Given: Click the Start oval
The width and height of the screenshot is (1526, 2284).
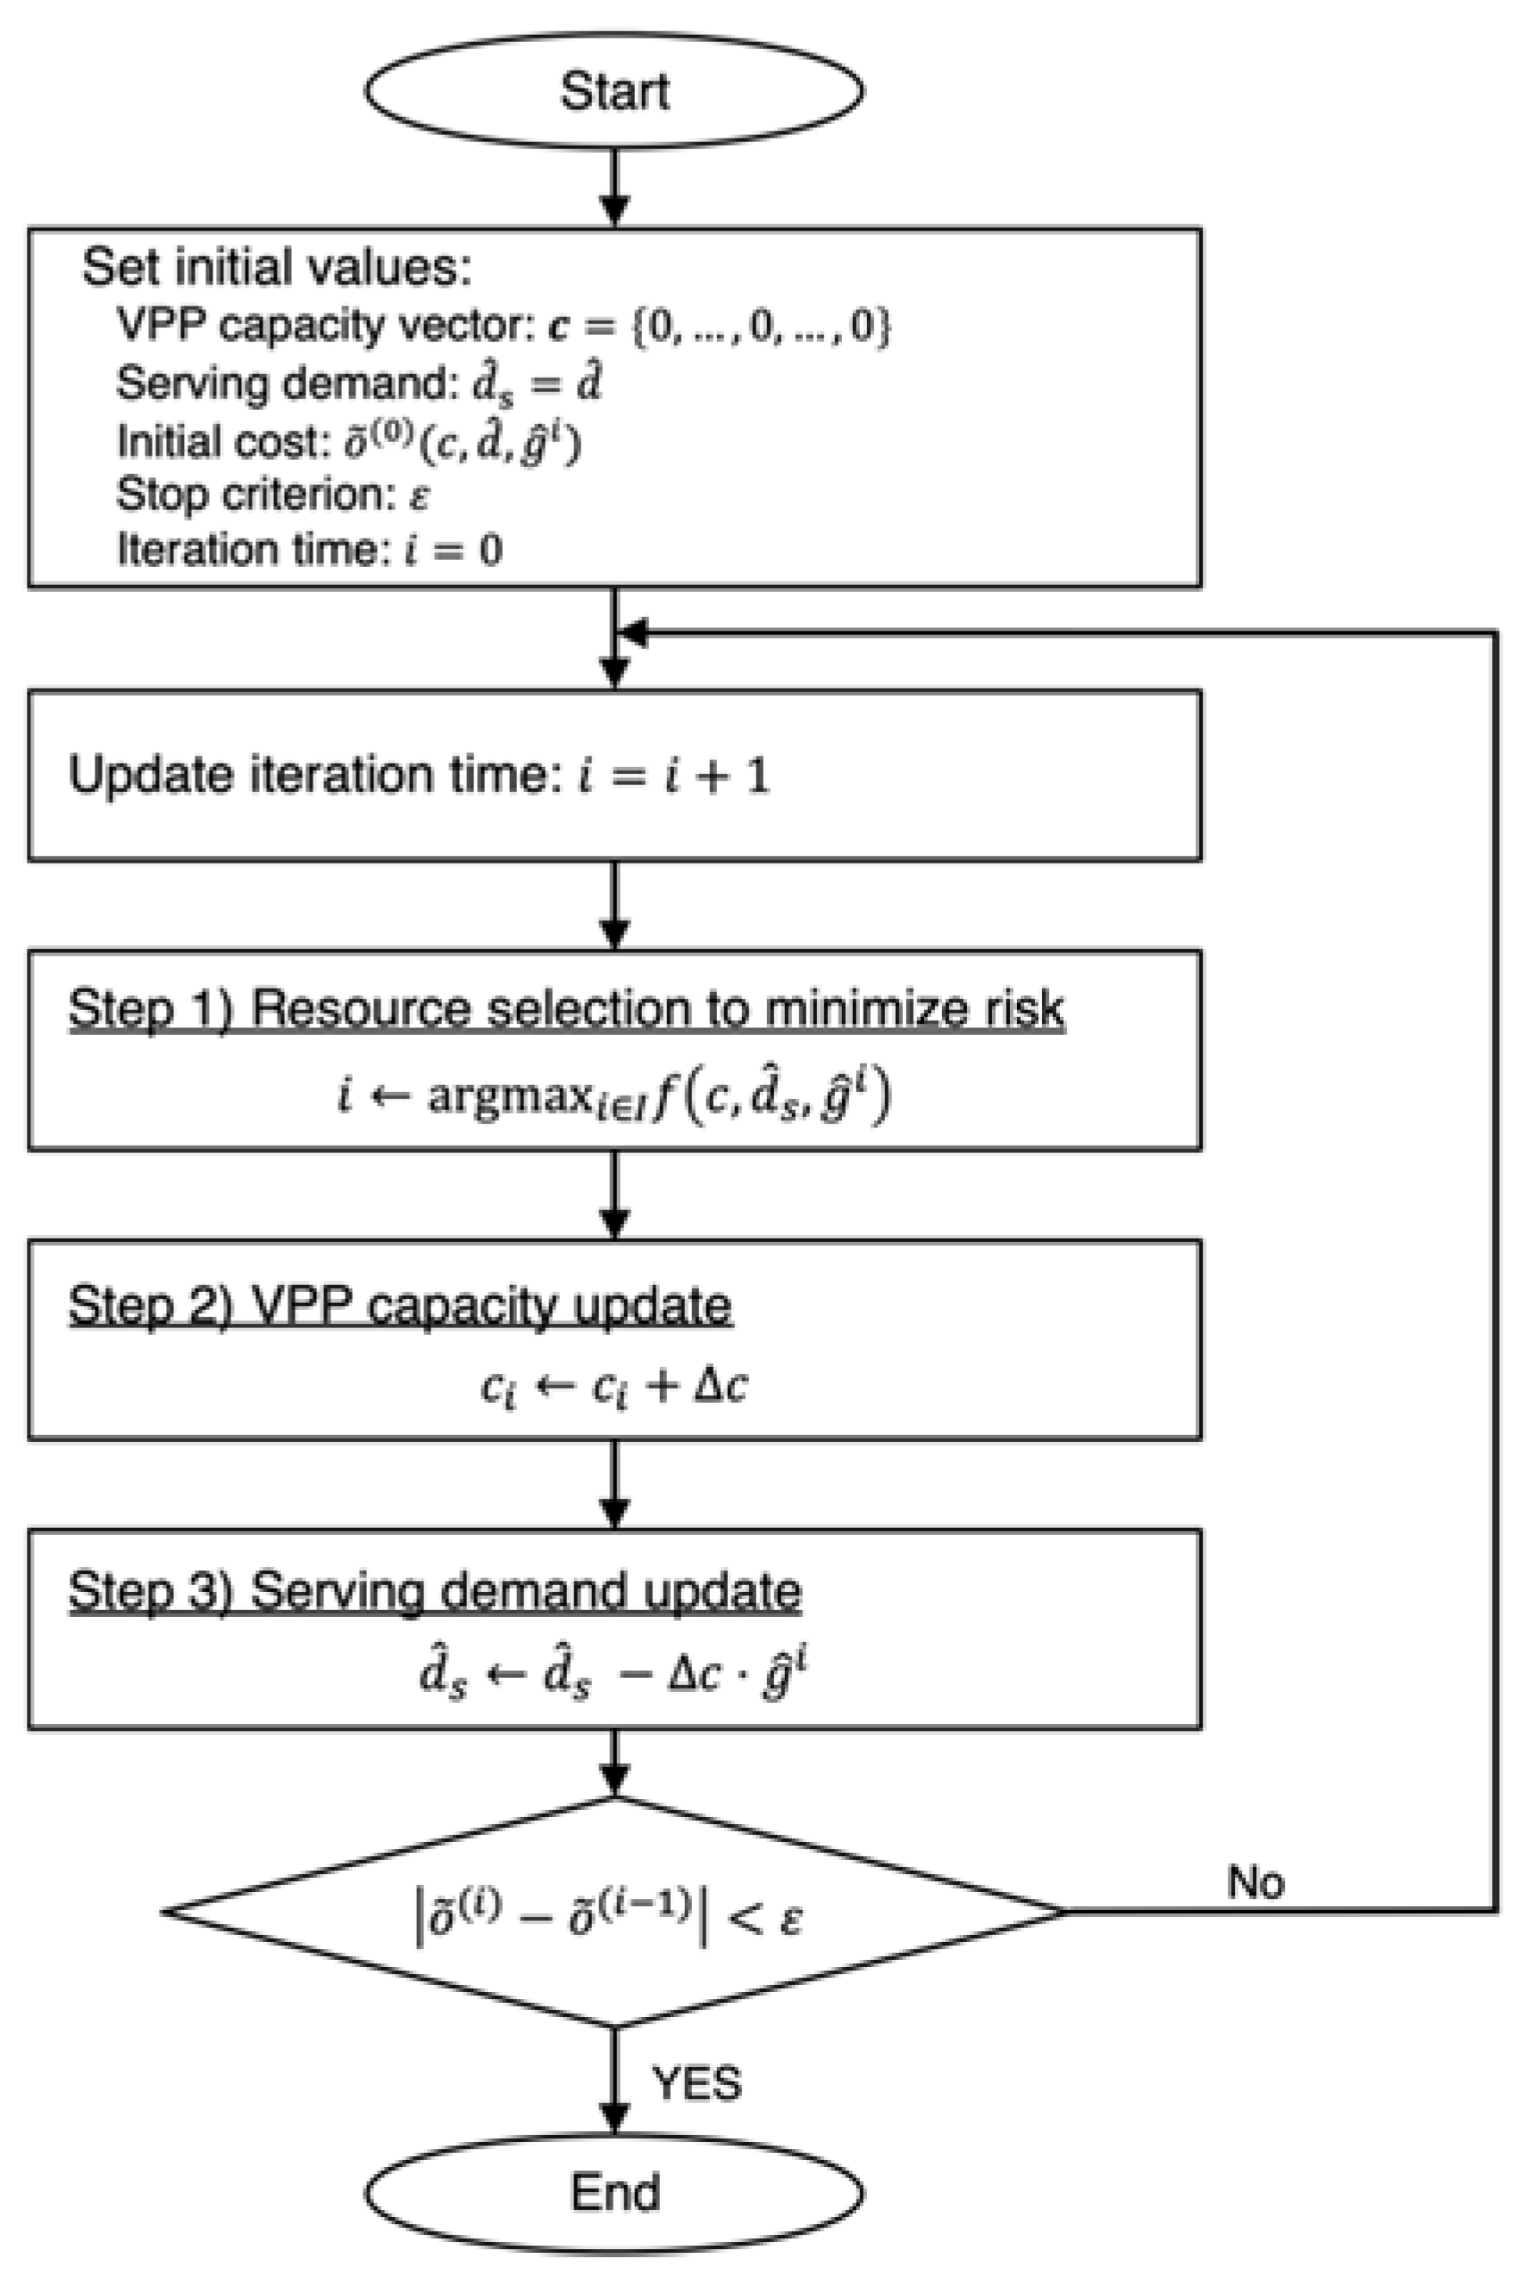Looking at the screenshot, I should point(613,90).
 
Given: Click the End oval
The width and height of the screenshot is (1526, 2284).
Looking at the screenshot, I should point(613,2191).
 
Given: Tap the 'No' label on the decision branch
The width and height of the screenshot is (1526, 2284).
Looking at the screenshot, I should point(1255,1882).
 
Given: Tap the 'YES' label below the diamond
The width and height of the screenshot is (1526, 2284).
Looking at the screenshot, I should point(696,2082).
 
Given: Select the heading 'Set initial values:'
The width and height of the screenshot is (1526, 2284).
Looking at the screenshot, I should point(277,267).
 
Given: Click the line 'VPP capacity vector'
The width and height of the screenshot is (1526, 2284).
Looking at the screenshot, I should point(503,325).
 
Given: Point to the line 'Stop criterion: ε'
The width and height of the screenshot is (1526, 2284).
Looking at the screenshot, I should point(272,495).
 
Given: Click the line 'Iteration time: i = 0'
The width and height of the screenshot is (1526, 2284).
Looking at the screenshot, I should point(310,550).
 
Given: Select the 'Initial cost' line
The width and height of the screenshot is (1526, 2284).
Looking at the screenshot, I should point(348,442).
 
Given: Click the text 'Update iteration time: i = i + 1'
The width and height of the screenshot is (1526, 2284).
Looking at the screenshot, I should point(419,776).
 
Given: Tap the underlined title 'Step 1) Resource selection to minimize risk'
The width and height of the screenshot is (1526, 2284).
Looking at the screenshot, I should point(565,1008).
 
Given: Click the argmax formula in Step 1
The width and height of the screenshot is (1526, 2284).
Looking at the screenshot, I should point(613,1096).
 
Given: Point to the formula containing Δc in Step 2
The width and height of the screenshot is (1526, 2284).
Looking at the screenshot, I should point(613,1386).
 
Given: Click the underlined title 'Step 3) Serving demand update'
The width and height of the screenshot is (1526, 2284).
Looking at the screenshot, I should point(434,1591).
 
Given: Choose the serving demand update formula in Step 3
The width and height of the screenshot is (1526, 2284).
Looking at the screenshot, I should point(613,1676).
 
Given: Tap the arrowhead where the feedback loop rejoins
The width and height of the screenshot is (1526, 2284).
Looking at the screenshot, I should point(635,634).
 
